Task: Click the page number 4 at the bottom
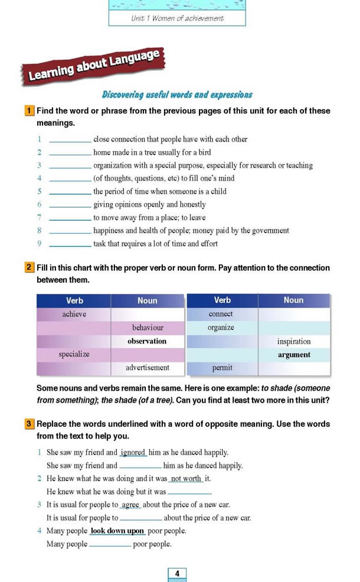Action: [x=177, y=573]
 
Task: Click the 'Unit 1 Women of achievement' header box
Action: [x=177, y=18]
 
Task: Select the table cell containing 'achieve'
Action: [x=74, y=314]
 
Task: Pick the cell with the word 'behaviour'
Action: [x=148, y=328]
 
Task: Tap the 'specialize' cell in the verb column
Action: [x=74, y=354]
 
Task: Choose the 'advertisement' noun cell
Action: [x=148, y=368]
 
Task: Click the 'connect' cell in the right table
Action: [x=221, y=314]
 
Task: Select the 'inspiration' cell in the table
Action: [x=293, y=341]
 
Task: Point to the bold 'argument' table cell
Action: [x=293, y=355]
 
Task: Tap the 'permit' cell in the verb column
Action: [x=221, y=368]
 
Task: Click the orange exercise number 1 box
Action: [x=29, y=110]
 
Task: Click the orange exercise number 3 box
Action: [x=29, y=424]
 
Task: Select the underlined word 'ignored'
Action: [x=133, y=453]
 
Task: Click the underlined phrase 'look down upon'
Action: [x=117, y=531]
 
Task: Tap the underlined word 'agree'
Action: [x=130, y=505]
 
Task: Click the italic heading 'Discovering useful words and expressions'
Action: [x=177, y=94]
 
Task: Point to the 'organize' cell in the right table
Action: [x=221, y=328]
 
